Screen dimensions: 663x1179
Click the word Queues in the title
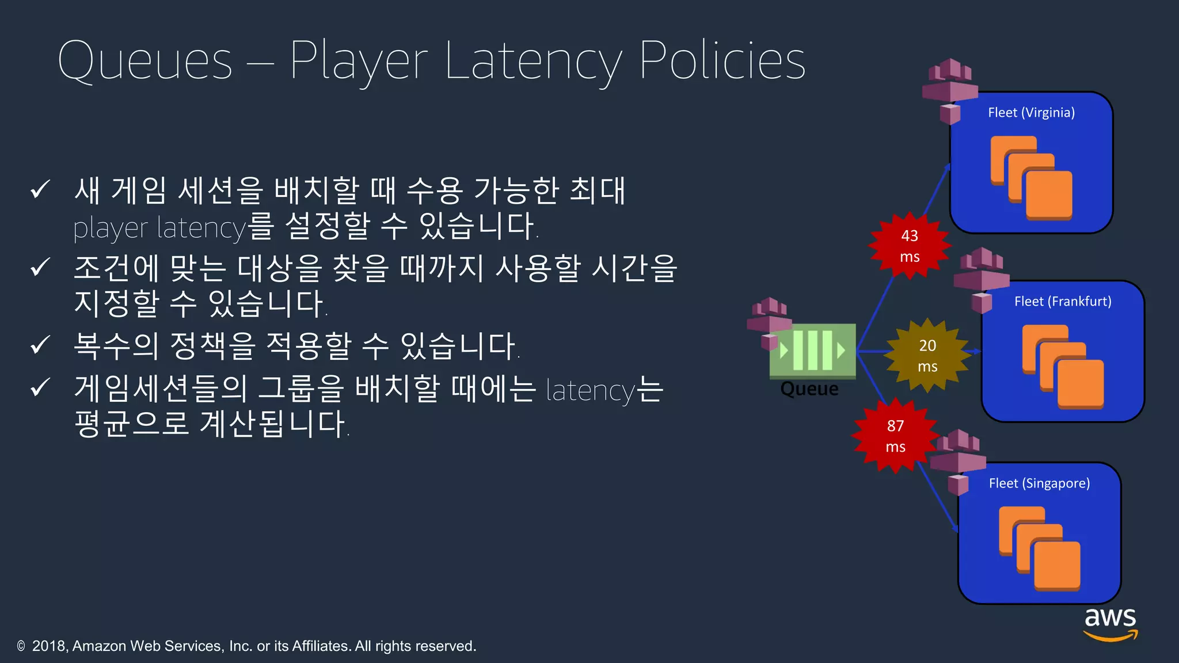(x=145, y=61)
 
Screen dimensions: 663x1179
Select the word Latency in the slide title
(x=533, y=61)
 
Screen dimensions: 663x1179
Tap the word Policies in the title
(x=722, y=61)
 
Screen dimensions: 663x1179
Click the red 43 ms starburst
(x=910, y=246)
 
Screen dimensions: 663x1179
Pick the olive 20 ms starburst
(x=927, y=356)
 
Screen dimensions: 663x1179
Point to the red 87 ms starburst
(x=895, y=436)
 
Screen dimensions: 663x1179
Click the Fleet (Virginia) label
(x=1031, y=113)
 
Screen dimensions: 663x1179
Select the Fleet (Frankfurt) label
(x=1063, y=302)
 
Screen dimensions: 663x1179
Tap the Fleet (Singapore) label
(x=1039, y=483)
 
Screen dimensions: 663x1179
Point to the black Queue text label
(x=809, y=389)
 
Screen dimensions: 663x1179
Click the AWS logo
(x=1110, y=624)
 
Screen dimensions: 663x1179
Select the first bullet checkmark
(x=40, y=189)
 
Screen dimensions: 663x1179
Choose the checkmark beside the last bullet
(x=40, y=388)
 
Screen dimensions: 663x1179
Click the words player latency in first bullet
(x=159, y=228)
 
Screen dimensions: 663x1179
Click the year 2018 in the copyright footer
(x=50, y=646)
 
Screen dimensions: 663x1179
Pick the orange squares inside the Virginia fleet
(x=1031, y=178)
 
